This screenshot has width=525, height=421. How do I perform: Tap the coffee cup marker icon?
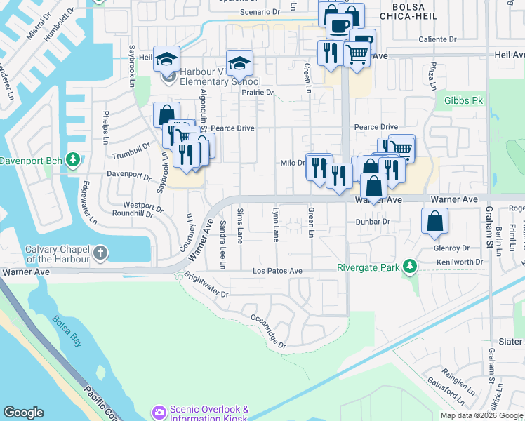[x=339, y=25]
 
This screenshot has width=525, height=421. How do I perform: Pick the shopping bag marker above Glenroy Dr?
[x=434, y=220]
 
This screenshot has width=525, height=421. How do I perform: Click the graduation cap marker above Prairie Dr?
[x=239, y=63]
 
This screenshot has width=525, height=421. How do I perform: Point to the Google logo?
[x=23, y=413]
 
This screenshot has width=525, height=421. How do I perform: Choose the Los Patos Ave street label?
[x=277, y=271]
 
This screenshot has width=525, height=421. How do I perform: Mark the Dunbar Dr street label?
[x=372, y=221]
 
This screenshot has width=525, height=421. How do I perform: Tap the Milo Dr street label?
[x=292, y=163]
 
